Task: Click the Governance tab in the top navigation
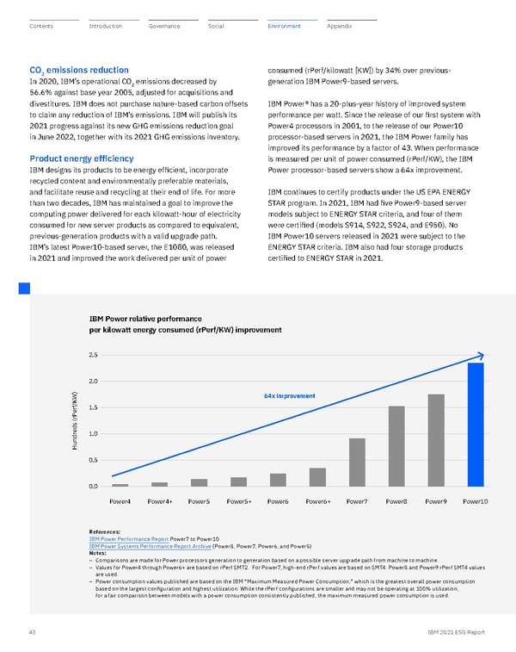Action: coord(164,27)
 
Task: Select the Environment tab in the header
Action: coord(284,27)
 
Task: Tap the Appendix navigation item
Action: coord(340,27)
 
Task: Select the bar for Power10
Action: coord(476,425)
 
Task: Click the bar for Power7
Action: coord(357,463)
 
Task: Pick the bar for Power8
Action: coord(396,446)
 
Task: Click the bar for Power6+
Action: coord(317,477)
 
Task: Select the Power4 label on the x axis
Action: coord(120,500)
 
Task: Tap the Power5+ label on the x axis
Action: coord(238,500)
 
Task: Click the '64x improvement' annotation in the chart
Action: coord(288,395)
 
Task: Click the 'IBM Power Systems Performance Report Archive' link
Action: coord(148,545)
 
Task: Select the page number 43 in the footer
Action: coord(33,633)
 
